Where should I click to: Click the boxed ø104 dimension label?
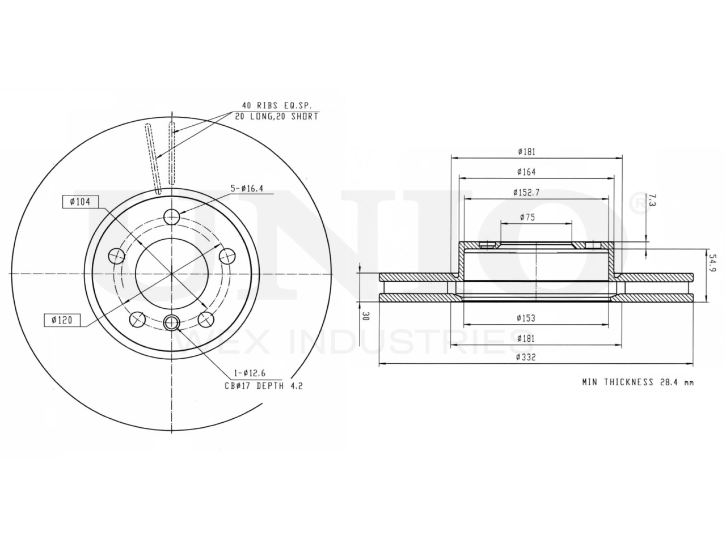point(81,202)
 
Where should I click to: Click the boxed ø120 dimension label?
point(62,320)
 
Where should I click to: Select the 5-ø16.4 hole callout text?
point(247,189)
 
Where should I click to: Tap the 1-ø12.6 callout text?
point(250,373)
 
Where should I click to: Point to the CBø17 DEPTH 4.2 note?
point(264,385)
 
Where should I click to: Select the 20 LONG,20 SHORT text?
point(277,116)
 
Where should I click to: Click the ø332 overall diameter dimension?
point(526,357)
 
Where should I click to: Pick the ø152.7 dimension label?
point(526,192)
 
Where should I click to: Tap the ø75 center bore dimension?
point(527,217)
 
